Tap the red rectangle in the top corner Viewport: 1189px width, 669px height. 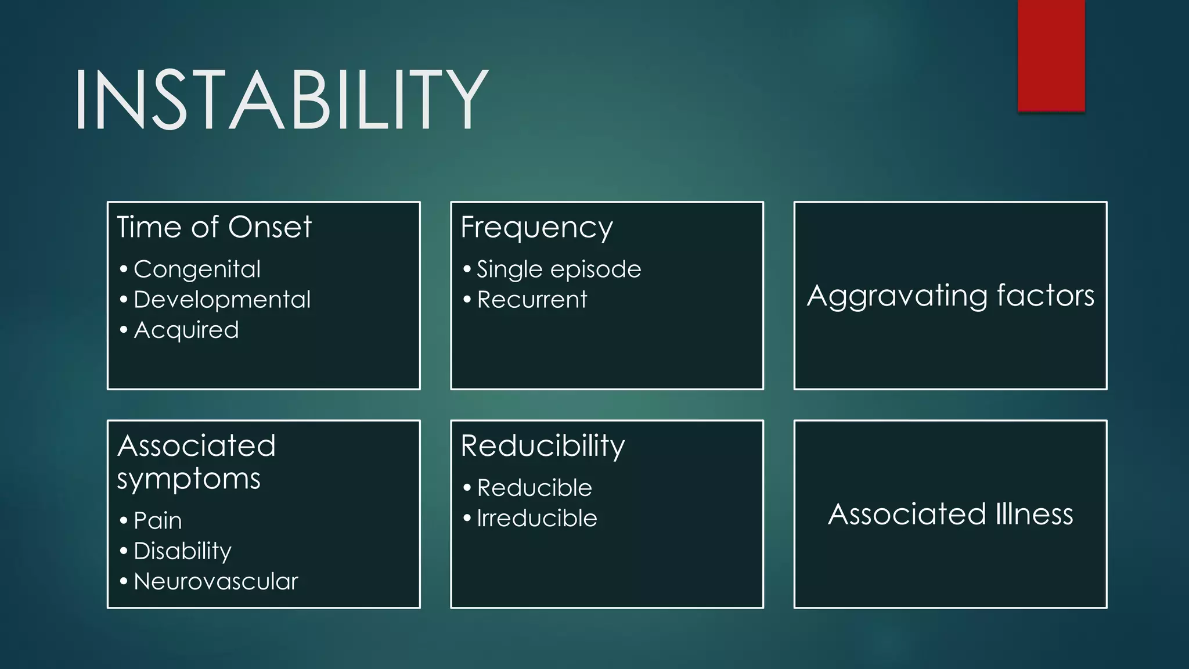click(x=1051, y=55)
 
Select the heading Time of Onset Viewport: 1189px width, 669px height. click(x=214, y=227)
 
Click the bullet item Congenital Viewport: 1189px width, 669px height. click(x=197, y=269)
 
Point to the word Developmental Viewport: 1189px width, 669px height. click(x=222, y=300)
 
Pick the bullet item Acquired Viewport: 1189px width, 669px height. click(x=186, y=330)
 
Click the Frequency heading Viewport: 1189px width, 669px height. click(x=536, y=228)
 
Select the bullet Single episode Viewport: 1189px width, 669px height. click(x=559, y=269)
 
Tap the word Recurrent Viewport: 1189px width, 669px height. click(x=532, y=300)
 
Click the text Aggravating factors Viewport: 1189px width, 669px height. click(x=950, y=296)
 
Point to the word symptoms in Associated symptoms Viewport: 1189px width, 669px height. click(x=189, y=480)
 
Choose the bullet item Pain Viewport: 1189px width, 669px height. click(x=158, y=520)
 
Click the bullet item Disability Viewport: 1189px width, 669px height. click(x=182, y=551)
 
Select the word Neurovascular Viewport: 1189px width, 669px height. click(x=215, y=581)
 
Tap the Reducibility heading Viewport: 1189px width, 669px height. click(x=542, y=446)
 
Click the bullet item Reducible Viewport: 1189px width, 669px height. click(x=534, y=488)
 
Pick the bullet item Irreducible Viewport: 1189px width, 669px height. click(x=536, y=518)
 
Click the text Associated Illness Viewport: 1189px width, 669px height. click(x=950, y=515)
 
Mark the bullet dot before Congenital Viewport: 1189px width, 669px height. click(x=123, y=269)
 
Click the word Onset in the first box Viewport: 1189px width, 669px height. click(x=270, y=227)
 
